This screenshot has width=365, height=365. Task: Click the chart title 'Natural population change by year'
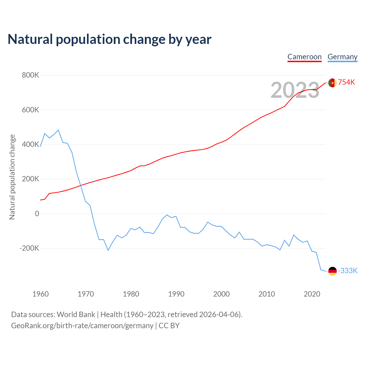[109, 39]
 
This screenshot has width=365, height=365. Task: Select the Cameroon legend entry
[304, 57]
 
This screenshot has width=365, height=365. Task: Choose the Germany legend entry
[342, 57]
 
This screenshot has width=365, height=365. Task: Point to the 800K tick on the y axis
[31, 75]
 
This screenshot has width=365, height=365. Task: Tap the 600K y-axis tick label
[31, 110]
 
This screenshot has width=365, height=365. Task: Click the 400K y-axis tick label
[31, 145]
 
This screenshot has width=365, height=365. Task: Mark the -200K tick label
[29, 248]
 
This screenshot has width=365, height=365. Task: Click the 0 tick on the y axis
[37, 214]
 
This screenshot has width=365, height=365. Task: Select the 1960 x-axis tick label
[40, 294]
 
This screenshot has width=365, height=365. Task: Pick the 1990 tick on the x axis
[176, 294]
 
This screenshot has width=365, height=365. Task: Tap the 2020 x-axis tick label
[312, 294]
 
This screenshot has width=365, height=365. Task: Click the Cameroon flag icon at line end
[332, 83]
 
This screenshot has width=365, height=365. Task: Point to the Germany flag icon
[332, 271]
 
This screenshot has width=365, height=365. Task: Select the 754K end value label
[346, 82]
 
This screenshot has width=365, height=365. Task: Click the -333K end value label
[348, 271]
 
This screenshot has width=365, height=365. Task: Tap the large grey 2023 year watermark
[295, 90]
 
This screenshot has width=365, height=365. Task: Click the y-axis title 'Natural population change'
[12, 177]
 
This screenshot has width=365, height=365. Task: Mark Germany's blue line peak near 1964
[58, 130]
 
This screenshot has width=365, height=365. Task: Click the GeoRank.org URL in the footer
[82, 326]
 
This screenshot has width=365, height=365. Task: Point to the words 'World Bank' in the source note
[76, 315]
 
